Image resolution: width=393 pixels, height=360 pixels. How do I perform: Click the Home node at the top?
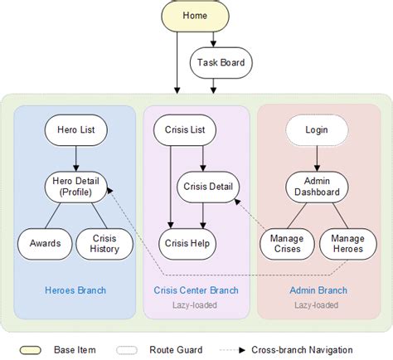pos(196,16)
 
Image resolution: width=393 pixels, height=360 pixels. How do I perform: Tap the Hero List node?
pos(75,130)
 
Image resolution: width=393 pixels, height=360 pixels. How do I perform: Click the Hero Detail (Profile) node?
pos(75,187)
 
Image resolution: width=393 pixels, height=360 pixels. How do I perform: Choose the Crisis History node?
pos(104,243)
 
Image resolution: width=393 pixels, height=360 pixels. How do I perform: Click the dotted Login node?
pos(316,130)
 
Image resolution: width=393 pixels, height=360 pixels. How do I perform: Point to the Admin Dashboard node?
pos(316,187)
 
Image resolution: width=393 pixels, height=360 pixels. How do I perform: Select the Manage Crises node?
pos(286,243)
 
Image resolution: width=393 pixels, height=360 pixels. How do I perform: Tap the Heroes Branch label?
pos(75,290)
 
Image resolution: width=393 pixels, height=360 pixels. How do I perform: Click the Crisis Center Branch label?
pos(196,290)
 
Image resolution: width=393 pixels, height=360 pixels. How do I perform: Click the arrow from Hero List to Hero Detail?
pos(75,158)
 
